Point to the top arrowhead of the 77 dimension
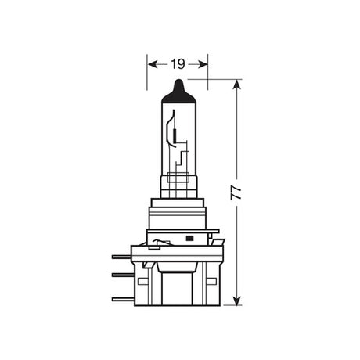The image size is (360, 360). tap(237, 83)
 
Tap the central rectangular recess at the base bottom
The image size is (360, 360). tap(178, 290)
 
